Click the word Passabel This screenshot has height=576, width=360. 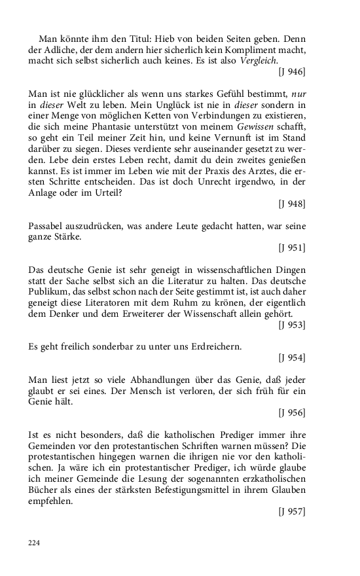pyautogui.click(x=48, y=226)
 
